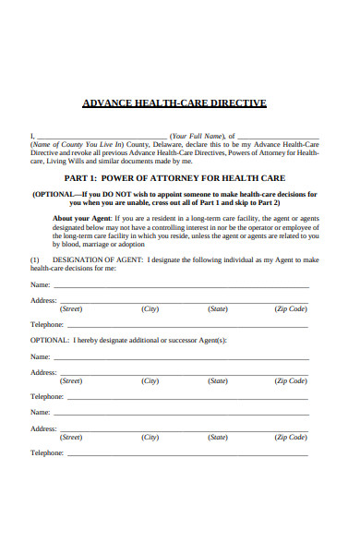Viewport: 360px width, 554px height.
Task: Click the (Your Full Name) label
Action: pos(203,137)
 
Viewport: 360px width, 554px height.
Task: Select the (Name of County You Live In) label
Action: pos(77,145)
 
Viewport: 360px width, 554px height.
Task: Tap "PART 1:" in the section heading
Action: pos(81,177)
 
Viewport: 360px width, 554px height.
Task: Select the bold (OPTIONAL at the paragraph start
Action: pos(54,195)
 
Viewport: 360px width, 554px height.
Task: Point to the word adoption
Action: pos(132,245)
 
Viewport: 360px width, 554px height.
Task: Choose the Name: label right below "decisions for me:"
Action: pos(41,285)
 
